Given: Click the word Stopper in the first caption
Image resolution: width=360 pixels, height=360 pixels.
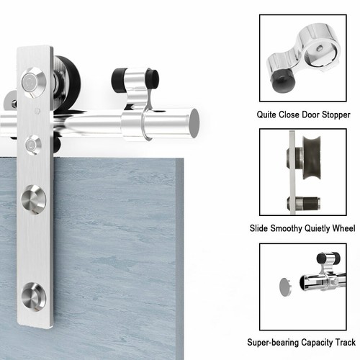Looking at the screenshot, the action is click(x=336, y=114).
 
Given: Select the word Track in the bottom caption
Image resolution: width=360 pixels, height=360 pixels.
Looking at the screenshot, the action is click(x=345, y=342).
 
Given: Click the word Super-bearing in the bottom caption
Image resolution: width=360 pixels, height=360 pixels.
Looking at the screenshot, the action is click(x=273, y=342).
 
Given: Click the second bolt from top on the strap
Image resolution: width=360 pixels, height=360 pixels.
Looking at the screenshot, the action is click(x=33, y=145).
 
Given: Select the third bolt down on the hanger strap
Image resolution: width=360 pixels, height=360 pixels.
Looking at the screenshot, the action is click(x=34, y=199).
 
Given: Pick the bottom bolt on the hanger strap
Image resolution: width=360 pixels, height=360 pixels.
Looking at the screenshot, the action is click(x=34, y=297).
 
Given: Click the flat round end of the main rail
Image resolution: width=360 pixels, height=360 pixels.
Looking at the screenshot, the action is click(x=194, y=124).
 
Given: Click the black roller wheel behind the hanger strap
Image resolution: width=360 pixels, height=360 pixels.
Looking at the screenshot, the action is click(x=68, y=81).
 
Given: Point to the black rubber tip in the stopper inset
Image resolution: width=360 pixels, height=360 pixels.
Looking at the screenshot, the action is click(x=284, y=83).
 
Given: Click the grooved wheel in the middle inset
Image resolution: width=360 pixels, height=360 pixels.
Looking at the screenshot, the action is click(x=312, y=158).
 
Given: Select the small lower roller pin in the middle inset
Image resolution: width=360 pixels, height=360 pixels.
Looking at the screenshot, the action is click(x=304, y=203).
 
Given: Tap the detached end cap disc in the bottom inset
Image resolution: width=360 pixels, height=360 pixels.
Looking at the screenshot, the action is click(x=286, y=287).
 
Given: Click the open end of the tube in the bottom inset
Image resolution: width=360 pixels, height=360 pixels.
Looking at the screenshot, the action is click(x=303, y=283).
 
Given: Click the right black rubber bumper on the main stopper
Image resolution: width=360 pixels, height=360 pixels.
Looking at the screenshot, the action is click(x=153, y=77).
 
